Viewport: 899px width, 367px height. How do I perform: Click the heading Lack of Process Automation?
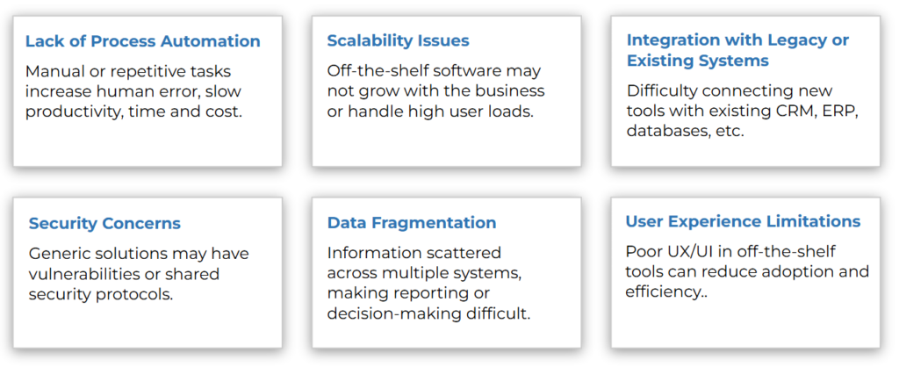point(143,41)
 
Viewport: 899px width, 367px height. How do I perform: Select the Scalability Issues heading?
point(398,40)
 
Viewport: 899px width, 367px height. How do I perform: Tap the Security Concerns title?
point(105,223)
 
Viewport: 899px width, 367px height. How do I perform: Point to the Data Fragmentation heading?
point(412,222)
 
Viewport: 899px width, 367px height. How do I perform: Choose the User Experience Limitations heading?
point(743,221)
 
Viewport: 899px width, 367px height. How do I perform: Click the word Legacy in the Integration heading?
point(782,40)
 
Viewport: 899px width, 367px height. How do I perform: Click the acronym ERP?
point(842,112)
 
